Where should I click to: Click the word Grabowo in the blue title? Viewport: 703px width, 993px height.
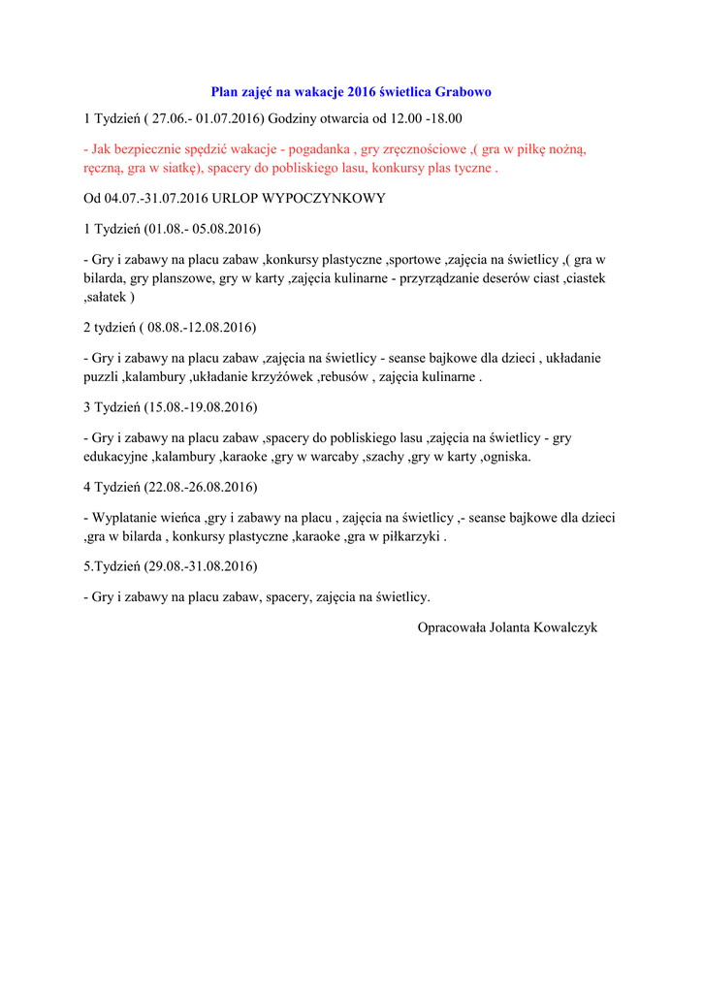[x=464, y=92]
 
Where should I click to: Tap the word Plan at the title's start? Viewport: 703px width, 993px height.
[x=225, y=92]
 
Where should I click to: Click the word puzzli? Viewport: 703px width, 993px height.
[x=100, y=376]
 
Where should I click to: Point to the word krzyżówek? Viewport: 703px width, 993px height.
[x=286, y=376]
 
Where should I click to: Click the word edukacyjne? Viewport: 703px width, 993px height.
[x=112, y=456]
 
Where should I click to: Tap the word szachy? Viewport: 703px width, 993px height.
[x=385, y=456]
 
